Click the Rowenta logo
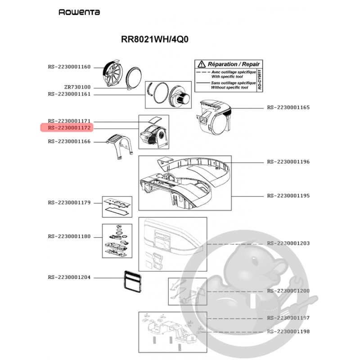(x=79, y=12)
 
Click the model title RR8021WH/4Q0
(x=154, y=39)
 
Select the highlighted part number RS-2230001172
(x=69, y=128)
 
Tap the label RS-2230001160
(x=69, y=67)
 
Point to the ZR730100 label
(x=77, y=87)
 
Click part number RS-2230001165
(x=288, y=108)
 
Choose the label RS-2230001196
(x=288, y=162)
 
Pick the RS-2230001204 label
(x=69, y=277)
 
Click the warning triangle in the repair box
(x=201, y=64)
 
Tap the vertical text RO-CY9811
(x=260, y=80)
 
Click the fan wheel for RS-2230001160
(x=112, y=73)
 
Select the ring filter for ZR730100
(x=133, y=78)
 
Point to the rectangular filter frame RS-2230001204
(x=133, y=282)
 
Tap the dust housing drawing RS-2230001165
(x=213, y=117)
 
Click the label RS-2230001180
(x=69, y=237)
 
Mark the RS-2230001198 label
(x=288, y=332)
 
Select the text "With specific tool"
(x=227, y=76)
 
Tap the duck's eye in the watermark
(x=254, y=261)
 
